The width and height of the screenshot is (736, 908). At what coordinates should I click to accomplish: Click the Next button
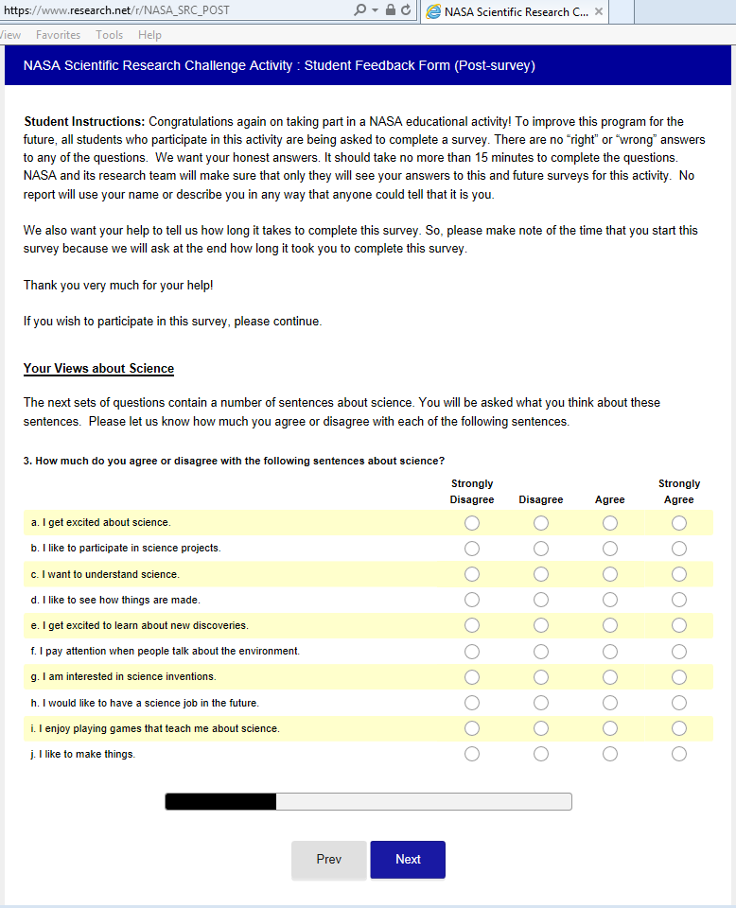(408, 860)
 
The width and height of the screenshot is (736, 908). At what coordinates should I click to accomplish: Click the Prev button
(328, 860)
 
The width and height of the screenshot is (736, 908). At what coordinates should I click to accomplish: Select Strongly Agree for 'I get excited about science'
(679, 523)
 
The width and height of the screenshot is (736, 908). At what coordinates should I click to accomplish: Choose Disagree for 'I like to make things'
(541, 754)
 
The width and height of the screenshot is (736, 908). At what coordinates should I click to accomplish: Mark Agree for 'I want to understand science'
(610, 574)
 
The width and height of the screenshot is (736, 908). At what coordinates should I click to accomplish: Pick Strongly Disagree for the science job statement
(472, 703)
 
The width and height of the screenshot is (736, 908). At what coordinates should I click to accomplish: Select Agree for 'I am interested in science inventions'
(610, 677)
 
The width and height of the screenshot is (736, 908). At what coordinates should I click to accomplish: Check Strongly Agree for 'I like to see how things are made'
(679, 600)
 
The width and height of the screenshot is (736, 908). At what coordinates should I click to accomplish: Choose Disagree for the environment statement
(541, 652)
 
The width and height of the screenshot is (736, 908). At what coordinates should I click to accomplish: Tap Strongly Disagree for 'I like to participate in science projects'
(472, 549)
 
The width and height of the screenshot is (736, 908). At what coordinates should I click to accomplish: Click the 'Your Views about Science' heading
(98, 369)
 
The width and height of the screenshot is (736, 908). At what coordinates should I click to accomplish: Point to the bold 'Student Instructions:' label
(84, 122)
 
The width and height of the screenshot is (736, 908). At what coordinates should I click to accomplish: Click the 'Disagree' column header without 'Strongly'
(541, 499)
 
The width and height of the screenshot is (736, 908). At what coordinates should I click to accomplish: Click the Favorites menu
(58, 35)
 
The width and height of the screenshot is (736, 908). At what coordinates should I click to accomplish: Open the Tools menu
(109, 35)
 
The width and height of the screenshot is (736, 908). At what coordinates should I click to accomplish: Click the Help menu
(149, 35)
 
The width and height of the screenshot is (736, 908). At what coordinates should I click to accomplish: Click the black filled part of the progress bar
(220, 802)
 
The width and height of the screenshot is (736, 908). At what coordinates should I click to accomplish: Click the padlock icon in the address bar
(390, 10)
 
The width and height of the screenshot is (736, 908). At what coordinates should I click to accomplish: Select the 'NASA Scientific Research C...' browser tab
(507, 12)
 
